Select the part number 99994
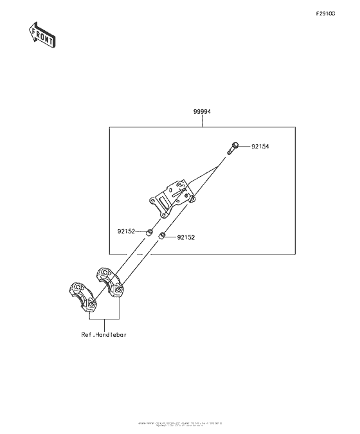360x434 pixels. (203, 111)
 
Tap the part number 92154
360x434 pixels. (260, 147)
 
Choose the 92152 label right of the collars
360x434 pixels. (186, 237)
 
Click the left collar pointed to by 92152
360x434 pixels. (148, 231)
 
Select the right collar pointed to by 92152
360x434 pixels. (163, 237)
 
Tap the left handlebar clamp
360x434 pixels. (82, 297)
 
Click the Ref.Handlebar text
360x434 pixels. (104, 334)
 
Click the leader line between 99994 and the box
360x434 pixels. (203, 121)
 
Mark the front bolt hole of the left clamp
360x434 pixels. (91, 303)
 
